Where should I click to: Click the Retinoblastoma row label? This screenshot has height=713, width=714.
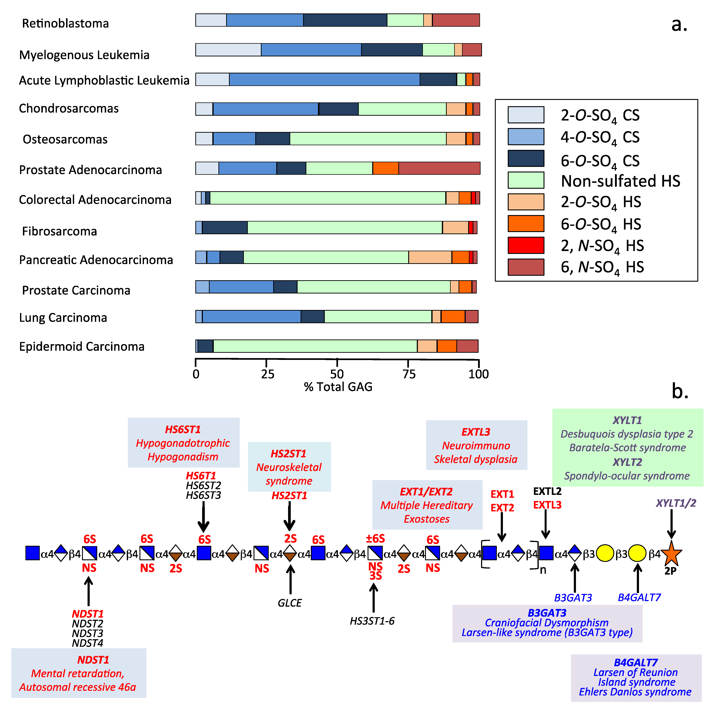click(x=65, y=23)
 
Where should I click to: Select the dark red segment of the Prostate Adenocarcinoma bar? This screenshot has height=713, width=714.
click(x=439, y=168)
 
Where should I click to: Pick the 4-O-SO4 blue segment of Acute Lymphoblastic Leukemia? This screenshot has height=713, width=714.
click(x=324, y=80)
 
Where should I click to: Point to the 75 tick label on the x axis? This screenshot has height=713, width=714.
click(x=409, y=374)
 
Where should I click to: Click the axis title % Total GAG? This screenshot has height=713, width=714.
click(x=338, y=387)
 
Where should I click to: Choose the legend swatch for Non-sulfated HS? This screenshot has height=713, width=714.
click(x=525, y=180)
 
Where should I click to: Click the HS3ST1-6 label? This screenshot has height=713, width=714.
click(x=372, y=621)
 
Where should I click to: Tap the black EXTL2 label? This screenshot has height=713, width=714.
click(x=547, y=491)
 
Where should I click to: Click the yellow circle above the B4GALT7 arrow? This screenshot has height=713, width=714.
click(x=637, y=553)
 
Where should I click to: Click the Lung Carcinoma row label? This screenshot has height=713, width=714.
click(x=63, y=317)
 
